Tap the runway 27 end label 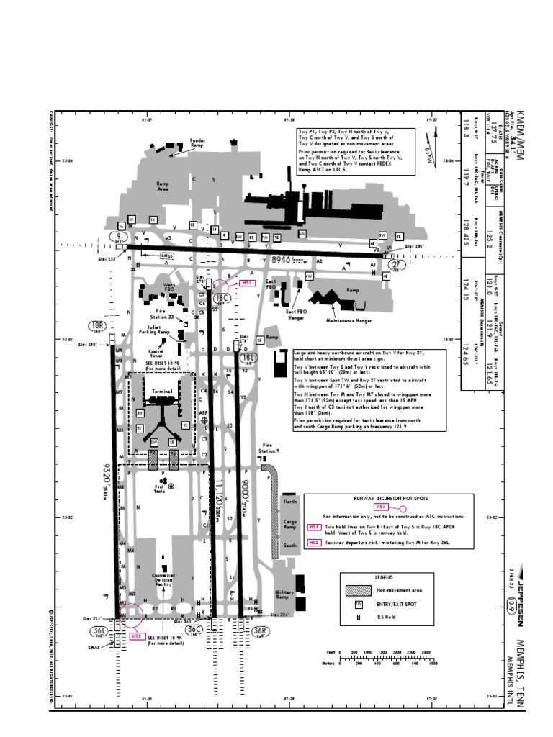pyautogui.click(x=398, y=265)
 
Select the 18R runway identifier pyautogui.click(x=96, y=327)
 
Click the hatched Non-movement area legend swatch pyautogui.click(x=358, y=588)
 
